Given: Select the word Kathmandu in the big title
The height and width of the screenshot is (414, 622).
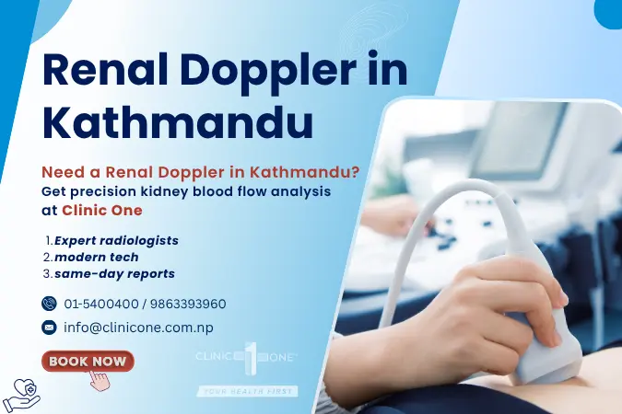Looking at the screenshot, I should point(178,122).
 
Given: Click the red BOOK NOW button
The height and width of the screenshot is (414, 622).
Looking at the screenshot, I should point(88,361).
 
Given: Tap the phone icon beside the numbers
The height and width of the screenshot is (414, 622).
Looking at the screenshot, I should point(49,304).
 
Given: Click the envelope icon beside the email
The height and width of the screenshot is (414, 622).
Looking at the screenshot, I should point(49,327).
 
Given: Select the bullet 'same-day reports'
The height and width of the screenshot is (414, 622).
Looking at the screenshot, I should point(113,273).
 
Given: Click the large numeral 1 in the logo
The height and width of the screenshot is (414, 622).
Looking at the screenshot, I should point(247,355).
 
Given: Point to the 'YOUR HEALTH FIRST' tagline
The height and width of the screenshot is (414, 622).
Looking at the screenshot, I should point(247,391).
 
